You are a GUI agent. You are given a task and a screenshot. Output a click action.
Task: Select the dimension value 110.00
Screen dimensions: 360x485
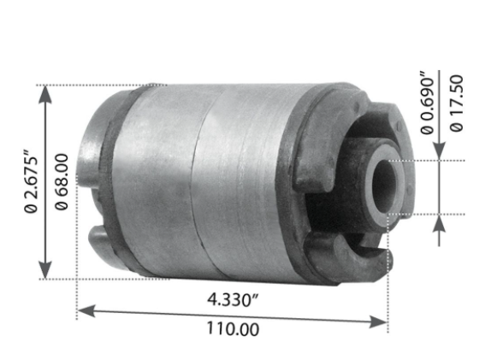[231, 328]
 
